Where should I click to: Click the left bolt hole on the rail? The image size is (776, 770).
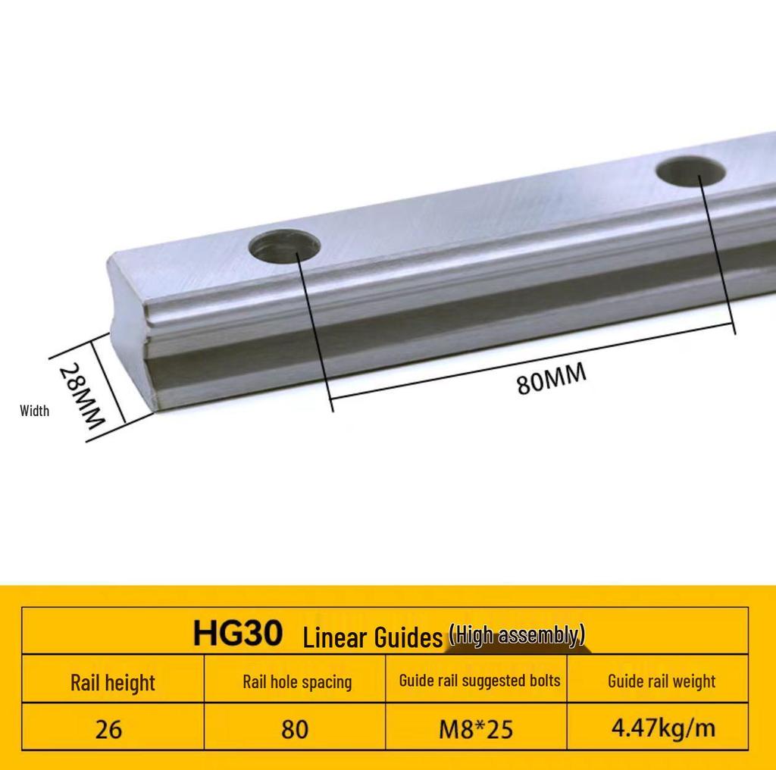click(285, 246)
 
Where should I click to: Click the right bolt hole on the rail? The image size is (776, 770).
click(691, 171)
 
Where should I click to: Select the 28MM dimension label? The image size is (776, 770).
click(81, 395)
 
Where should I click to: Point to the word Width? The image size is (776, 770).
click(34, 411)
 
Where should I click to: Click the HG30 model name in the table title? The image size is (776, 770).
click(237, 633)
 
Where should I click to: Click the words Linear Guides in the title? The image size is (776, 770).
click(372, 637)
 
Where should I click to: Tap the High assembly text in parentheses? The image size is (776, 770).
click(517, 635)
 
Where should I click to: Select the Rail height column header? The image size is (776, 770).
click(112, 682)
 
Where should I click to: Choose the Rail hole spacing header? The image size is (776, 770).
click(296, 681)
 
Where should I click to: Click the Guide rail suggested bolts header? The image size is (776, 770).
click(479, 680)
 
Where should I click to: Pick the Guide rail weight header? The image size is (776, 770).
click(661, 681)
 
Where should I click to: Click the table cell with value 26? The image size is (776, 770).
click(108, 729)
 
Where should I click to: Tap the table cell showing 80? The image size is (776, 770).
click(295, 729)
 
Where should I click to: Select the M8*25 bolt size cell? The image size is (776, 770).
click(476, 729)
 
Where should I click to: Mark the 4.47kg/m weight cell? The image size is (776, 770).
click(663, 728)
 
